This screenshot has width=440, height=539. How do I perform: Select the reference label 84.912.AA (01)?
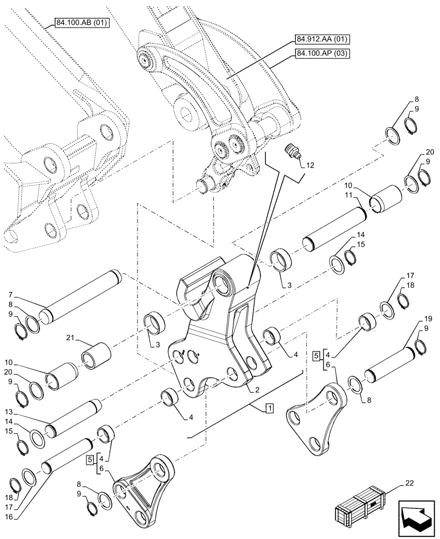[x=322, y=39]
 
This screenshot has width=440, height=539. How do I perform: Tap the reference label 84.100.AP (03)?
[x=322, y=53]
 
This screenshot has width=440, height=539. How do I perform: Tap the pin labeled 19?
[x=391, y=365]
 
